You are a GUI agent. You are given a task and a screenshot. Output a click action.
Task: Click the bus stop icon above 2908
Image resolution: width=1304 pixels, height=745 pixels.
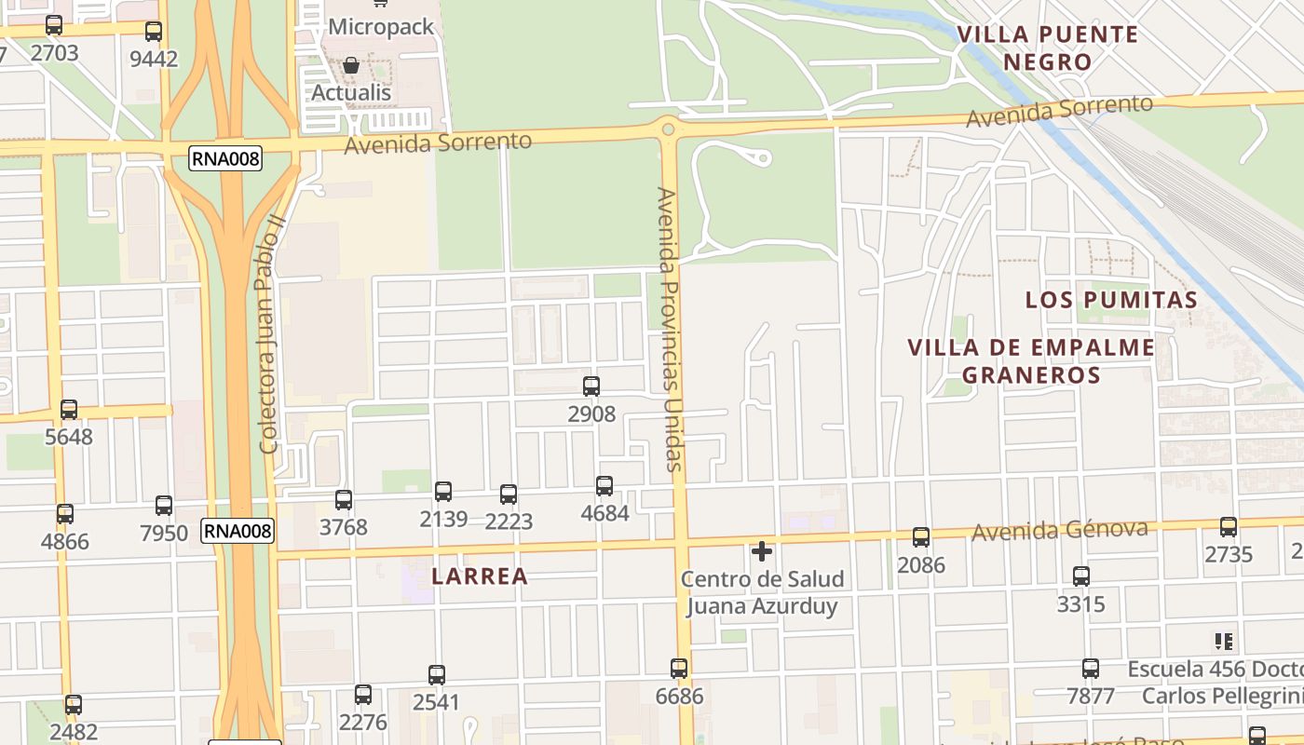point(591,386)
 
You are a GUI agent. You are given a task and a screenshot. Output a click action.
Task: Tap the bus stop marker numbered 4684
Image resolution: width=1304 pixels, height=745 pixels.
point(604,485)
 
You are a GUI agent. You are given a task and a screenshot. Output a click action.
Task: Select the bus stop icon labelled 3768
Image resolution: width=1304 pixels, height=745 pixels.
point(344,500)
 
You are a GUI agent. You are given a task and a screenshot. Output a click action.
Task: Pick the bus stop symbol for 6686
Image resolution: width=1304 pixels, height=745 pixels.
point(679,668)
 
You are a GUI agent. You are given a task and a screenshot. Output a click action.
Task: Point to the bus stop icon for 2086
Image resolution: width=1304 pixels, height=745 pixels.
point(921,536)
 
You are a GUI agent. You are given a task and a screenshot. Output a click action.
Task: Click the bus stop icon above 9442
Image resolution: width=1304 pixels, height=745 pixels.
point(154,31)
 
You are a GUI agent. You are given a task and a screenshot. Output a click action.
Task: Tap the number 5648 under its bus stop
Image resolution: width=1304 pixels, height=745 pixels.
point(69,436)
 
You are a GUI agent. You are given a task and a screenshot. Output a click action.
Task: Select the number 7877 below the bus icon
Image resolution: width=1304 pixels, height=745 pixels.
point(1090,696)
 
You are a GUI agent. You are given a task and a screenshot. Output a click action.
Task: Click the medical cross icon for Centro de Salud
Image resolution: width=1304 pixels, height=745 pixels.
point(762,551)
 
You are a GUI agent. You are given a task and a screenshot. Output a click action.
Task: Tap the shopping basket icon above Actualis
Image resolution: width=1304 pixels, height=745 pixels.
point(351,65)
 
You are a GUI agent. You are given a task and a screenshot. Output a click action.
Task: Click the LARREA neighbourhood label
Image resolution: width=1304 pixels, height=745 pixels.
point(480,576)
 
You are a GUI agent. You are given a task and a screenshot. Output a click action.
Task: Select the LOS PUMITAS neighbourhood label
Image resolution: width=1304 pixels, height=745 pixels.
point(1111,300)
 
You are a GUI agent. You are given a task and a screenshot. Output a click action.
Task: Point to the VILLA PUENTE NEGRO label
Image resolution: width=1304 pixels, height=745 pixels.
point(1048,48)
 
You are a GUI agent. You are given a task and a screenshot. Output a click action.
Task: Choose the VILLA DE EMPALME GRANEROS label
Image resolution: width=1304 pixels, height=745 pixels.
point(1031,361)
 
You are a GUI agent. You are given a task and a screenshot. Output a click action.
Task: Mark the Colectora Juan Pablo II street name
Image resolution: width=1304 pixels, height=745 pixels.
point(270,335)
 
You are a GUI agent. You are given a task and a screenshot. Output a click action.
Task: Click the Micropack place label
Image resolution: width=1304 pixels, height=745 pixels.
point(381,27)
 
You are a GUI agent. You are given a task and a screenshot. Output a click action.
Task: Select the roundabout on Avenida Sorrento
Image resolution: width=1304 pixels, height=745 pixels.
point(667,128)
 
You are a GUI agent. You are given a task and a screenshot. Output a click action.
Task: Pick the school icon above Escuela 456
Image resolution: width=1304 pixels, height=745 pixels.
point(1223,641)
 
